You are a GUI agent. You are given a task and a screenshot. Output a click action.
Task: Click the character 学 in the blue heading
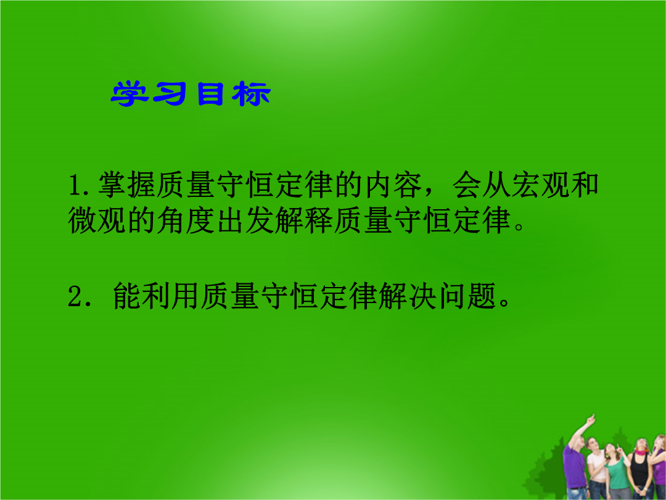click(129, 94)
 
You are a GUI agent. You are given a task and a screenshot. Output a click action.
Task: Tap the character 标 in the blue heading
click(251, 94)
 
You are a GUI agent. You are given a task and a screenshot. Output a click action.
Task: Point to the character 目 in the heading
click(210, 94)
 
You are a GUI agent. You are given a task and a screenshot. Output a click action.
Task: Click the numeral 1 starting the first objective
click(75, 185)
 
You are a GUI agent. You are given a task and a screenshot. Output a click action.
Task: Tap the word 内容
click(393, 185)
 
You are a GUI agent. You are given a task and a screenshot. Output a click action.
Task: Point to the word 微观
click(97, 220)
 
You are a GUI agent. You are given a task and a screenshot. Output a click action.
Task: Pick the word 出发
click(245, 220)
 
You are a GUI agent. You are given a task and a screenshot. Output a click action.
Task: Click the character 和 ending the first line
click(585, 185)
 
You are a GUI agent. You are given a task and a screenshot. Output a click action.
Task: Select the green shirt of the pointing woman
click(617, 473)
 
